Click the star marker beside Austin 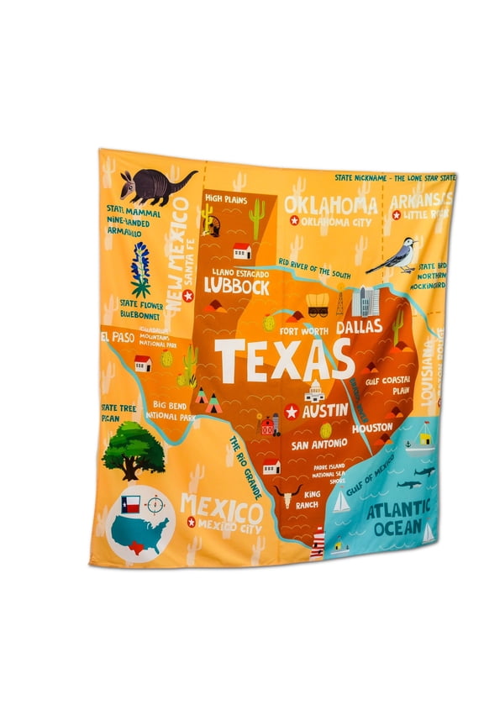(x=292, y=412)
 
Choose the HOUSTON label (x=372, y=428)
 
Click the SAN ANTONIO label (x=319, y=443)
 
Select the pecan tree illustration (x=133, y=449)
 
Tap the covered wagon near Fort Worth (x=318, y=304)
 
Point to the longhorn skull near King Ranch (x=286, y=496)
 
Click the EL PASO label (x=117, y=337)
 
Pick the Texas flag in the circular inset (x=129, y=504)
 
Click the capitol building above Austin (x=315, y=391)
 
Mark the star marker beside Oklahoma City (x=294, y=221)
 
